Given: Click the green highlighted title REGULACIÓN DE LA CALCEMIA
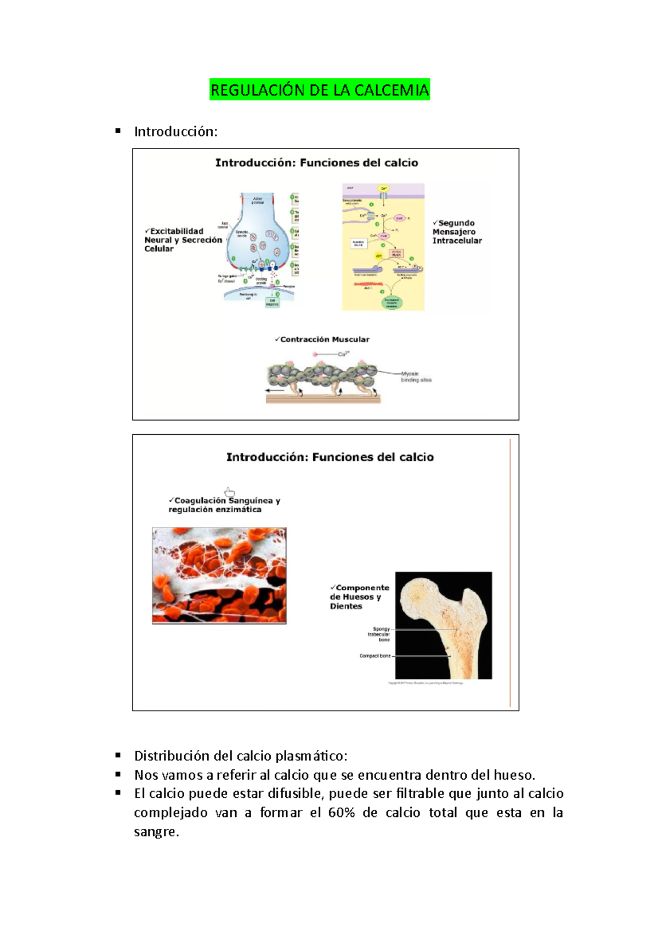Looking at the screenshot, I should coord(320,90).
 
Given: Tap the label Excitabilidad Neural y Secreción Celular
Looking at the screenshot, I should coord(183,240).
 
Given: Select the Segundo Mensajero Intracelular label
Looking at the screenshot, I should coord(457,231).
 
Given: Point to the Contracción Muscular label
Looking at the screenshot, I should coord(322,339).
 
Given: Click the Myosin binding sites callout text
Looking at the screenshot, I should coord(416,377).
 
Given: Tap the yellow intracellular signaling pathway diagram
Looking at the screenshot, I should coord(383,247).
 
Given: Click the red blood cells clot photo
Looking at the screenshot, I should coord(219,575).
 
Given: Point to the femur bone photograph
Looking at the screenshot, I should coord(444,625).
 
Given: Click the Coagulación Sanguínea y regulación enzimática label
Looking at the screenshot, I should coord(224,505).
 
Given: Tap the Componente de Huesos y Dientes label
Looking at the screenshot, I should coord(359,597).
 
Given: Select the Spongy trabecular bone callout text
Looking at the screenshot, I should coord(380,634).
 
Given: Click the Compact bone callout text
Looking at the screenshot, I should coord(375,656).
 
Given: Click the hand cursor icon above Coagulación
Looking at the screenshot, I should coord(230,492).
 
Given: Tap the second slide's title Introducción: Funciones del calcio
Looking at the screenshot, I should coord(330,457).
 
